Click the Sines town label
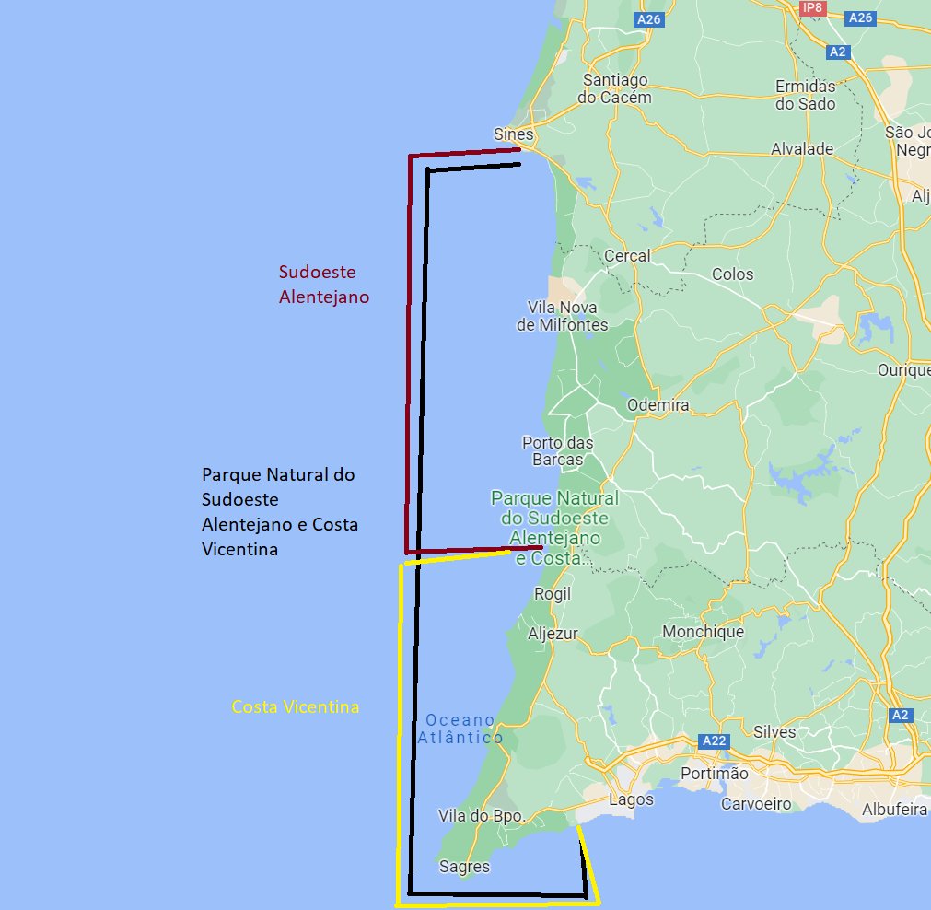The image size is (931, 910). [x=513, y=134]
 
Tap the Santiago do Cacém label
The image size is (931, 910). [x=614, y=88]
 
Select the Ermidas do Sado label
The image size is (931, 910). [x=805, y=95]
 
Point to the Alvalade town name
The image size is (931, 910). [x=801, y=148]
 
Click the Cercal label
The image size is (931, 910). [x=627, y=255]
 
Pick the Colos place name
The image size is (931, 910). [x=732, y=274]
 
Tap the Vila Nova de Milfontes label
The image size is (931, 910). [x=562, y=316]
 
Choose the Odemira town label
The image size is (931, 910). [x=658, y=404]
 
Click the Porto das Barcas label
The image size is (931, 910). [x=557, y=450]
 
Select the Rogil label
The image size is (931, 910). [x=553, y=594]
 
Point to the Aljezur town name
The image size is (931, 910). [x=553, y=634]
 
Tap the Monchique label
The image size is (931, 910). [x=703, y=632]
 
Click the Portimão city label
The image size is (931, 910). [x=714, y=773]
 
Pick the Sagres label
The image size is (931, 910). [x=464, y=866]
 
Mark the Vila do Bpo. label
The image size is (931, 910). [x=481, y=815]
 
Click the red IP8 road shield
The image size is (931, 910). [x=811, y=8]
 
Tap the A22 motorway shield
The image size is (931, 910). [x=714, y=741]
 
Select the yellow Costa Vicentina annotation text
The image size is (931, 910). [x=295, y=707]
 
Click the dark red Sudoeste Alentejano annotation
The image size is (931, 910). [x=323, y=285]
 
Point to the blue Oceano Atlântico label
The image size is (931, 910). [x=460, y=729]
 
